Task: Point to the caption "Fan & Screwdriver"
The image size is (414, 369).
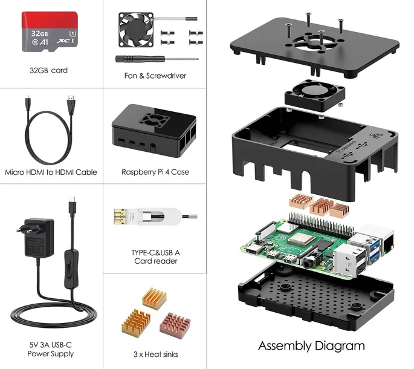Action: [x=155, y=76]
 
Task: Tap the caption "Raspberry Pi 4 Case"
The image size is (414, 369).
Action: [x=155, y=172]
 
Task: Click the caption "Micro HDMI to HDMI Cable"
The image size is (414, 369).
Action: [x=51, y=172]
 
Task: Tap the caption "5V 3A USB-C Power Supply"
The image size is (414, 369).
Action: [x=51, y=349]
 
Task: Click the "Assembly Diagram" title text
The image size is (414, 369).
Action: [x=311, y=346]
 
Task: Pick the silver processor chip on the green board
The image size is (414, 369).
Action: [x=299, y=241]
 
